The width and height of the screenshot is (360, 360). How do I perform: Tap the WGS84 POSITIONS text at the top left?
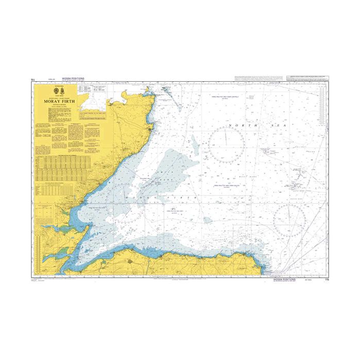72,79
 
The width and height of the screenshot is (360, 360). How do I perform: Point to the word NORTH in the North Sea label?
242,125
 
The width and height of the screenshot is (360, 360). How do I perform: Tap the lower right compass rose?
290,220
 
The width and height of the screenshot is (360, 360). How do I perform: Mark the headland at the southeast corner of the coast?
265,267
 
